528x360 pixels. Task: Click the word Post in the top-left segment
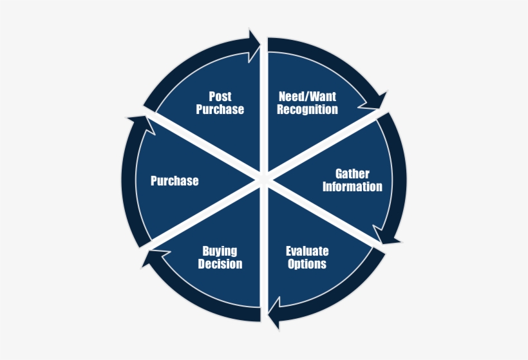[x=220, y=97]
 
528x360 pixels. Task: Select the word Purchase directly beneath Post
[x=220, y=109]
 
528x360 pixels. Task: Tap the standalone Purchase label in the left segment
[x=174, y=181]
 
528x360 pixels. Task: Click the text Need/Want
[x=307, y=97]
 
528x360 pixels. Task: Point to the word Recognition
[x=307, y=109]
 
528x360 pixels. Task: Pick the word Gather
[x=352, y=174]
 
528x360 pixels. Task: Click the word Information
[x=352, y=187]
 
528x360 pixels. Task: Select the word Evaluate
[x=307, y=251]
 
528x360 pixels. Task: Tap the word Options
[x=307, y=263]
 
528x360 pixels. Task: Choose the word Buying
[x=220, y=251]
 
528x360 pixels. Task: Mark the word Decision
[x=220, y=263]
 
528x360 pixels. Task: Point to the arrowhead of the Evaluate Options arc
[x=274, y=314]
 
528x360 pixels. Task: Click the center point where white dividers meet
[x=264, y=179]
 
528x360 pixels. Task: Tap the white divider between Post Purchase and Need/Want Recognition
[x=264, y=108]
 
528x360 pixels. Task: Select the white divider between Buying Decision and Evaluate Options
[x=264, y=251]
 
